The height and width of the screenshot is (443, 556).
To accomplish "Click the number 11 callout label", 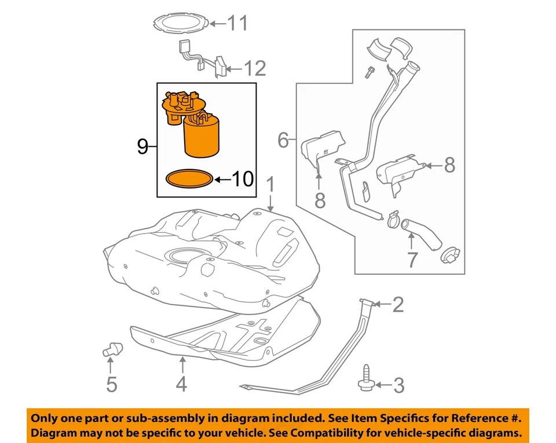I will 237,23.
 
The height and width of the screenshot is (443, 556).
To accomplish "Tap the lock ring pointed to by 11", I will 179,23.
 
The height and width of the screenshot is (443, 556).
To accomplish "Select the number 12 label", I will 254,69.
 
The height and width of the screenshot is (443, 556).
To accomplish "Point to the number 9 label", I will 142,147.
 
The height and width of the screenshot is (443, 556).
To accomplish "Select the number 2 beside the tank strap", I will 397,305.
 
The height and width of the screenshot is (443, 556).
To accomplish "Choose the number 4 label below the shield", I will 182,384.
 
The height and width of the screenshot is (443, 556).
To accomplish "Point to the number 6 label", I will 283,139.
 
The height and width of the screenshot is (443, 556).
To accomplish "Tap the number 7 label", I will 411,260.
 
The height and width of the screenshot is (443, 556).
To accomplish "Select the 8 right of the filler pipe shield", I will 449,166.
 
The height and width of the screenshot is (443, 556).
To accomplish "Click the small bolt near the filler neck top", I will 368,72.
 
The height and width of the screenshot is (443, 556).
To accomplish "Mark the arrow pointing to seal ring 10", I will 221,180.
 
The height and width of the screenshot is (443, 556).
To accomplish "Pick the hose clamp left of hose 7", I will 393,218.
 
